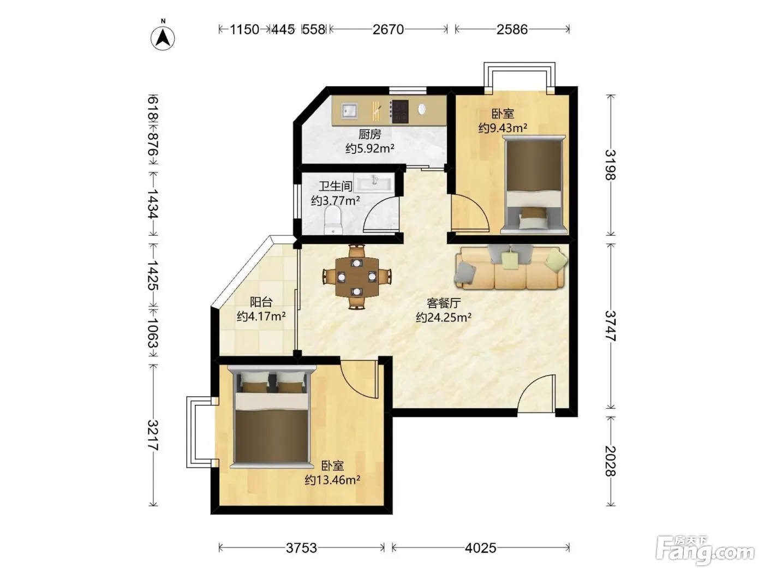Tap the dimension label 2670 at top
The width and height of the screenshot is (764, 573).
coord(388,29)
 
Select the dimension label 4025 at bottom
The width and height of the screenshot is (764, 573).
coord(480,548)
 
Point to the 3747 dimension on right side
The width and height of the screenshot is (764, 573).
coord(610,326)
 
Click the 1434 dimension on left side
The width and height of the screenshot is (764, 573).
coord(153,204)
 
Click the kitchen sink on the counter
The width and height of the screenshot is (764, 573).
coord(349,111)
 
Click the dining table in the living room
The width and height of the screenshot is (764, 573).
coord(357,277)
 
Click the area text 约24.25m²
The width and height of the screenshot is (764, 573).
coord(444,317)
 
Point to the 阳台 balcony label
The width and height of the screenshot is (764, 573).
coord(261,302)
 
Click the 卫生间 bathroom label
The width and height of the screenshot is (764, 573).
coord(336,186)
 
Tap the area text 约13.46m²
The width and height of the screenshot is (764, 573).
coord(332,480)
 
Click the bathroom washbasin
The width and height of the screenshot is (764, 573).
coord(374,183)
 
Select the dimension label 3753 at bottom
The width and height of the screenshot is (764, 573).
coord(301,548)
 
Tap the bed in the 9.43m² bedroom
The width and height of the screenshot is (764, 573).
coord(534,184)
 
